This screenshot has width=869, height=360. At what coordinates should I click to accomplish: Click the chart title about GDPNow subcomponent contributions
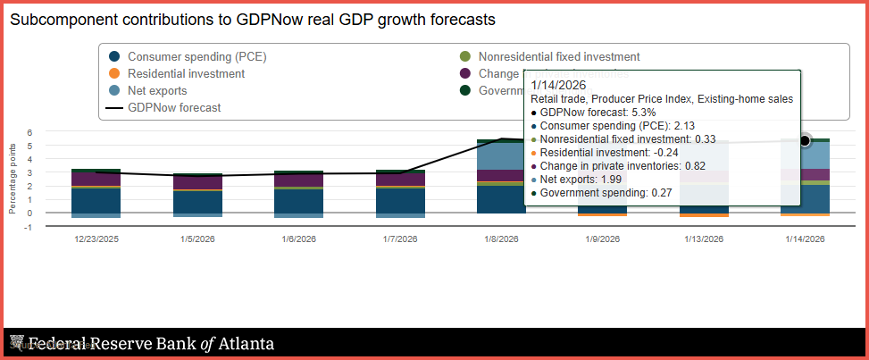pos(253,19)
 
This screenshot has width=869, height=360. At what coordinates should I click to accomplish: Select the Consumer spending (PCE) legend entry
pos(196,56)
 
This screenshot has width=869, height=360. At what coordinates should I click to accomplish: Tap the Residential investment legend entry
pos(186,73)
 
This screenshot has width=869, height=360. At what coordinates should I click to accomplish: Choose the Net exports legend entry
pos(157,90)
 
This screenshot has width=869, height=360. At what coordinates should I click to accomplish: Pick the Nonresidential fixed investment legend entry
pos(559,56)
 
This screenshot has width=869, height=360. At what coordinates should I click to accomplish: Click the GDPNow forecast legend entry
pos(174,107)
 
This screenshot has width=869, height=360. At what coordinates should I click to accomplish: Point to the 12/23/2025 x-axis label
pos(96,239)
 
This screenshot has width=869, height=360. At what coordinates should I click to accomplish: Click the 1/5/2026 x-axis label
pos(197,239)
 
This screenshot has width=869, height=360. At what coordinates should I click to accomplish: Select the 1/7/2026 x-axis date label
pos(400,239)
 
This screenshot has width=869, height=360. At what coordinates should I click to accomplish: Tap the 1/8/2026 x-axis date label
pos(501,239)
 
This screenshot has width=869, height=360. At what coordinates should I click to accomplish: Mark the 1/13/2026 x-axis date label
pos(704,239)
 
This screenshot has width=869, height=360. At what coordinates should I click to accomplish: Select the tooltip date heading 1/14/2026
pos(555,86)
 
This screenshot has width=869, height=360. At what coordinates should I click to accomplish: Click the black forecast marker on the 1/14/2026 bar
pos(805,141)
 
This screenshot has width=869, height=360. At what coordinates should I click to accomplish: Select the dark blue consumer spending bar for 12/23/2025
pos(96,201)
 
